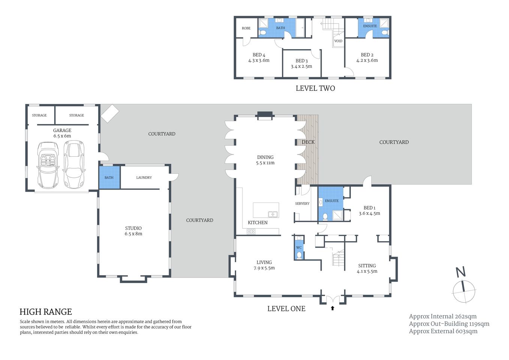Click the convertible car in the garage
coord(48,165)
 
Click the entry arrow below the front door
coord(332,308)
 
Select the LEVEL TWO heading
coord(315,88)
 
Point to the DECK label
coord(308,142)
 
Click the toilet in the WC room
coord(299,255)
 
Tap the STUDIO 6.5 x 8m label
coord(133,231)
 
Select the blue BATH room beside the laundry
coord(109,177)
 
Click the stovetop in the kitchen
coord(251,231)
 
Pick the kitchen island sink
coord(273,214)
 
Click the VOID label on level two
coord(338,41)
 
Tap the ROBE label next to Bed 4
coord(246,28)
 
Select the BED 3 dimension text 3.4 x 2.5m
coord(301,66)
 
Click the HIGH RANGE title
coord(46,312)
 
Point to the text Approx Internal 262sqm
coord(443,316)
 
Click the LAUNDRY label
coord(144,177)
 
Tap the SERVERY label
coord(302,204)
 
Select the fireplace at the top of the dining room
coord(265,115)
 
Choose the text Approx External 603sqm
coord(443,331)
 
